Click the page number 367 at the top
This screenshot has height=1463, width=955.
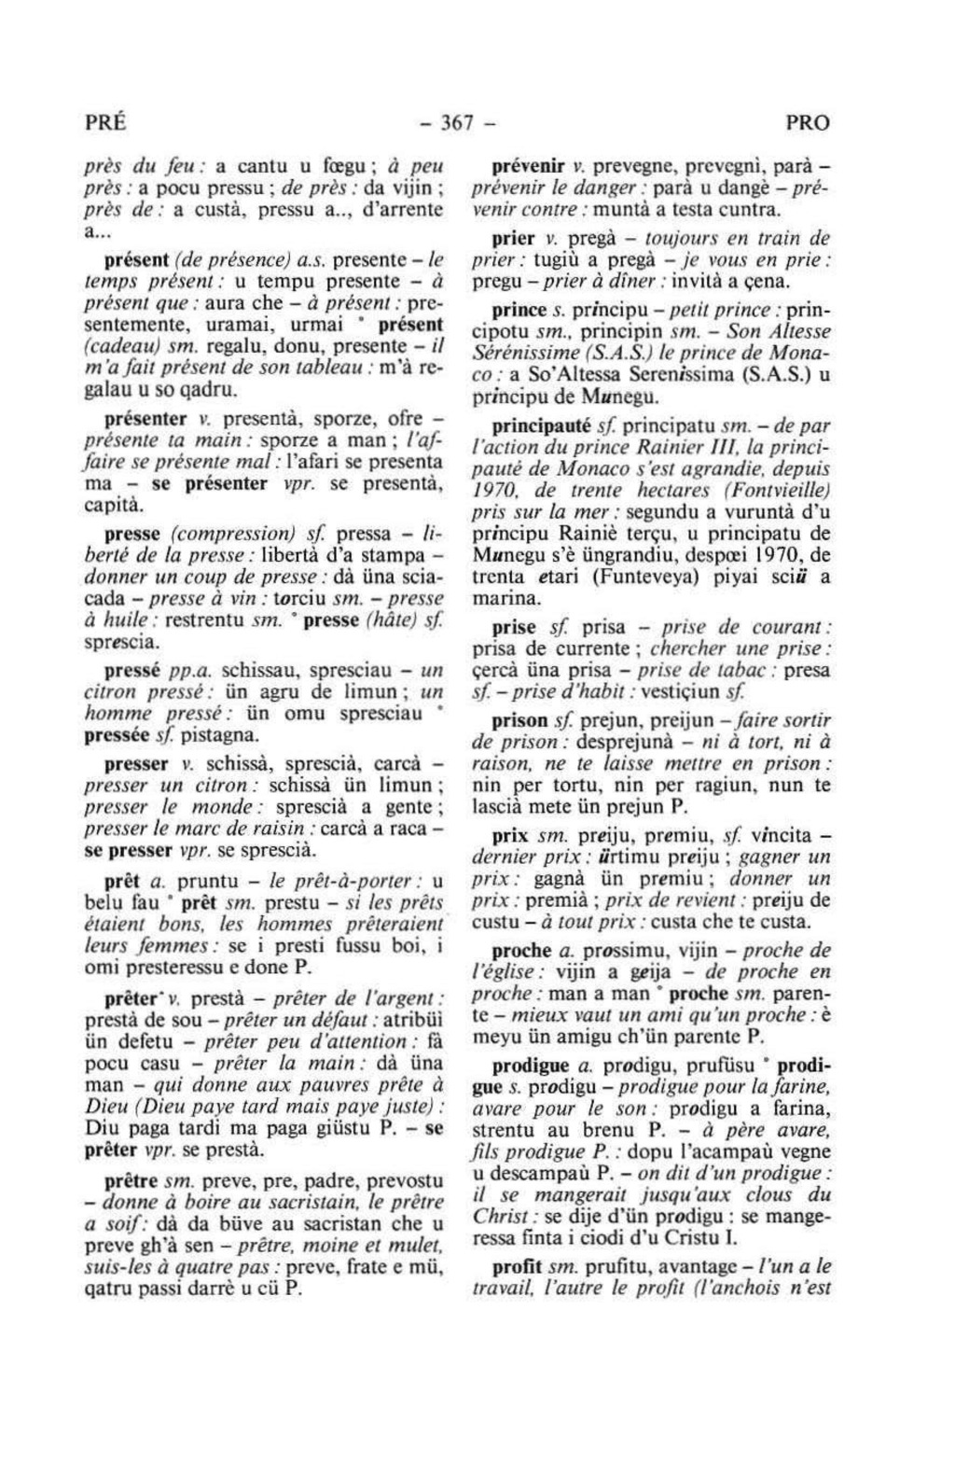coord(475,123)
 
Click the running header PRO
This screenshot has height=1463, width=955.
coord(807,123)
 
